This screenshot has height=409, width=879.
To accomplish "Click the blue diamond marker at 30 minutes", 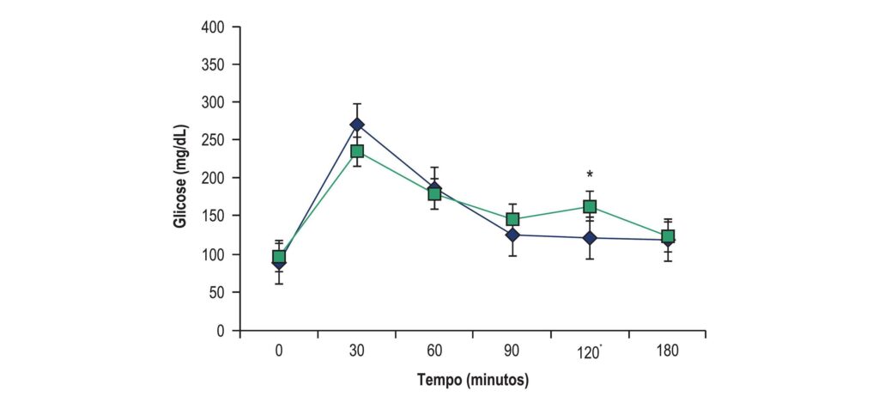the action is [357, 125].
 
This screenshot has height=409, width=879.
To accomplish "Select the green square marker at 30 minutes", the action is [357, 151].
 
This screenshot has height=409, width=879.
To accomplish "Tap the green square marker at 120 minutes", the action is [590, 207].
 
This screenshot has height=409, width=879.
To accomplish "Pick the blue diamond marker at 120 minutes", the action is [590, 238].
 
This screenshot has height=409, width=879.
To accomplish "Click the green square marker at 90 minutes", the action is [512, 219].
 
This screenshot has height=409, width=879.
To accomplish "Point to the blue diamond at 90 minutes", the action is [512, 235].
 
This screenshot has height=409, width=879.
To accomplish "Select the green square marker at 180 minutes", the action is [668, 236].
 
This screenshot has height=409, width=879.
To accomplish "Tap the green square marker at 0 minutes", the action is [279, 257].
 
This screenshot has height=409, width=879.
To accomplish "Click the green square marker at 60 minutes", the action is [434, 193].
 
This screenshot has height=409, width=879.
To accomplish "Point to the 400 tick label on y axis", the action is [213, 27].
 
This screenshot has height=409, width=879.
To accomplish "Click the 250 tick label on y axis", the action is [213, 140].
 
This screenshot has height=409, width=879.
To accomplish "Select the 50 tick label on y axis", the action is [217, 292].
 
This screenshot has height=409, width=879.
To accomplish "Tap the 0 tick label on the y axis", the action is [221, 331].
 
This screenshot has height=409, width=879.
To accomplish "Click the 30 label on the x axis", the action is [357, 351].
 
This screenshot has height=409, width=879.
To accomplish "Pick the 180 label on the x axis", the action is [668, 351].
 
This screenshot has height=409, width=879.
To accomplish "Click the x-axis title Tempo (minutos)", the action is [474, 381].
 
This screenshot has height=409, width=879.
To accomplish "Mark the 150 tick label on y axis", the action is [213, 216].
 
